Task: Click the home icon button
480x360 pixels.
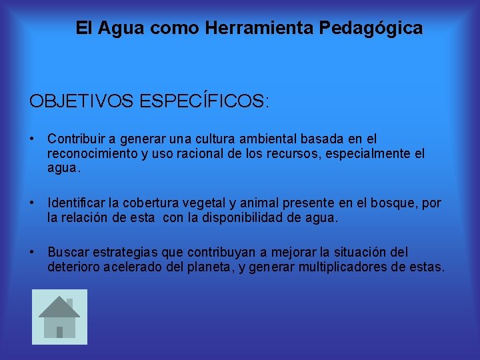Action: pos(59,317)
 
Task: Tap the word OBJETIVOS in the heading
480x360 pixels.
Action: pos(82,101)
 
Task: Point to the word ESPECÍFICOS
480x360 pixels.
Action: pos(203,101)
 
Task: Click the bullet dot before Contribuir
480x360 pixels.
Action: pos(32,139)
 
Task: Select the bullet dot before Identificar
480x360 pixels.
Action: pos(32,203)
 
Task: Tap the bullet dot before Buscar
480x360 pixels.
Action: pos(32,252)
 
